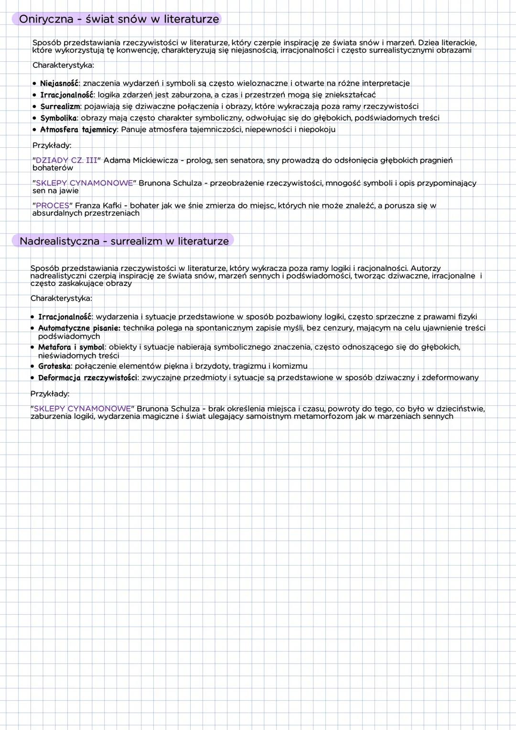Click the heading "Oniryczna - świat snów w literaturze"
click(118, 19)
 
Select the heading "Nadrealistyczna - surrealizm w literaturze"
click(124, 241)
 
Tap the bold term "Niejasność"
click(59, 83)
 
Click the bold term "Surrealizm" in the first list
click(60, 106)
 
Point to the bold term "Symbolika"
click(58, 118)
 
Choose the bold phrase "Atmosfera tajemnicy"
click(78, 130)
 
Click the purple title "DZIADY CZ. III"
click(66, 160)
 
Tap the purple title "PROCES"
click(53, 206)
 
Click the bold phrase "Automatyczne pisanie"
click(79, 328)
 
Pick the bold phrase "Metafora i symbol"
click(71, 347)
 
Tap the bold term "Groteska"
click(54, 366)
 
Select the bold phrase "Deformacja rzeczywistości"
click(87, 378)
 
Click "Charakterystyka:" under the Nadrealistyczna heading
click(61, 298)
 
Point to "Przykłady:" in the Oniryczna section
click(52, 145)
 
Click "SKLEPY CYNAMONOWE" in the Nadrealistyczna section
click(82, 409)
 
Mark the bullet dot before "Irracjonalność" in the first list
click(34, 95)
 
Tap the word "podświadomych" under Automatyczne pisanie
click(69, 337)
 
